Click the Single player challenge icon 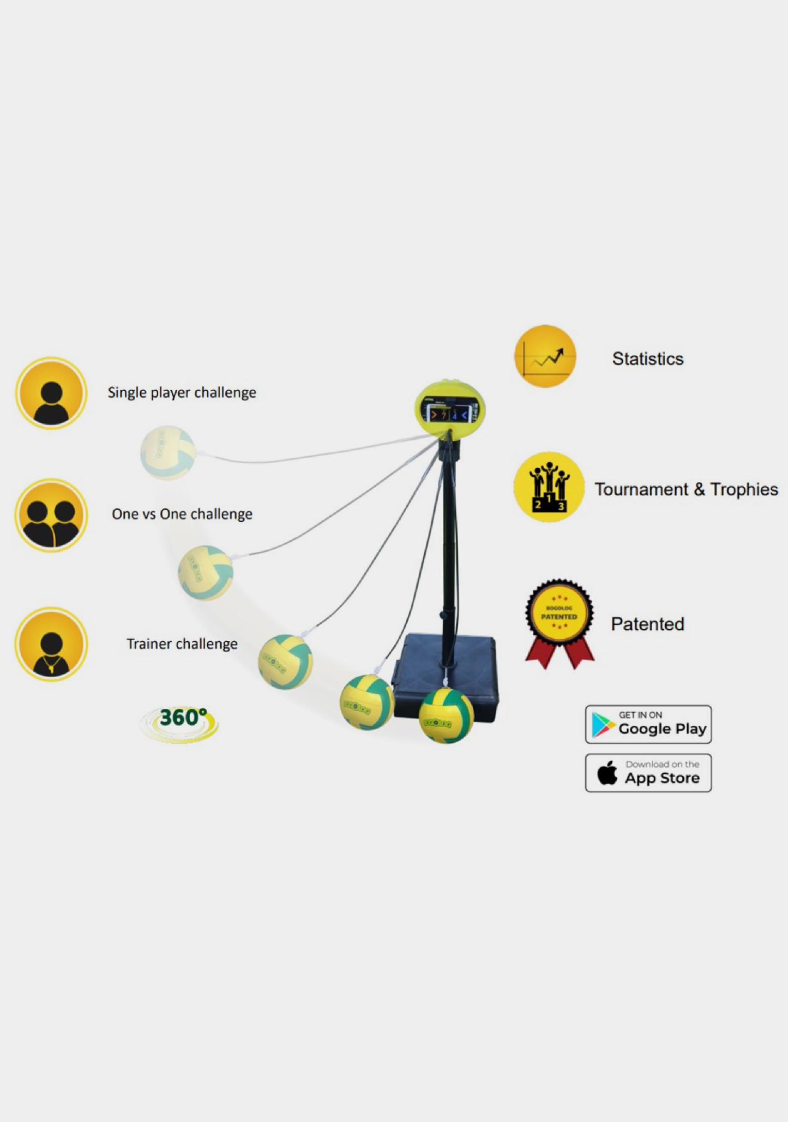pos(51,393)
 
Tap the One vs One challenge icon pos(51,515)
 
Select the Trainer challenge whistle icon pos(51,644)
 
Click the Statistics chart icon pos(545,356)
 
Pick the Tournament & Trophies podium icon pos(548,487)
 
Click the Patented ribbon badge pos(559,623)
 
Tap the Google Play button pos(648,724)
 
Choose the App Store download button pos(648,773)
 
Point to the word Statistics pos(647,359)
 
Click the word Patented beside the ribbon pos(647,624)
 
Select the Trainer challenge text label pos(182,644)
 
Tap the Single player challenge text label pos(182,392)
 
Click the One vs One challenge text pos(182,514)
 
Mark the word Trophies pos(744,490)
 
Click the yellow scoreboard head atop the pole pos(449,409)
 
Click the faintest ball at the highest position pos(167,452)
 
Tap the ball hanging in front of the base pos(446,715)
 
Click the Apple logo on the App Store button pos(607,773)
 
